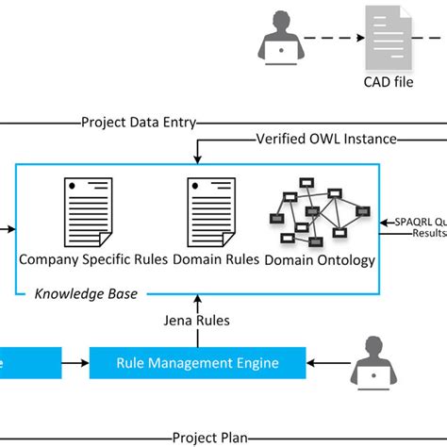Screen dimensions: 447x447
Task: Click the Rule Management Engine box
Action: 198,360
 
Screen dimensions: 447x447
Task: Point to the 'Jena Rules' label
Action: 195,321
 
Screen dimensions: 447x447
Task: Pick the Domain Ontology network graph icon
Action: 319,215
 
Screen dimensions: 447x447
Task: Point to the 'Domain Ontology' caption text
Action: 320,259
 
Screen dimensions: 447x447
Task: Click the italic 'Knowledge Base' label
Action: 86,293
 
